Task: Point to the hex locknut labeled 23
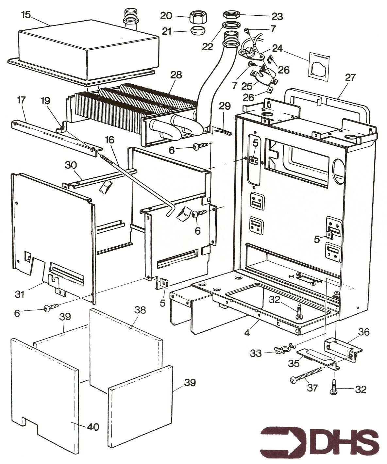click(x=232, y=15)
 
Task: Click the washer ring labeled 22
click(x=230, y=25)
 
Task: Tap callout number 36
click(x=363, y=333)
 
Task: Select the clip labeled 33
click(x=283, y=350)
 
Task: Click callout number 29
click(x=225, y=106)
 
